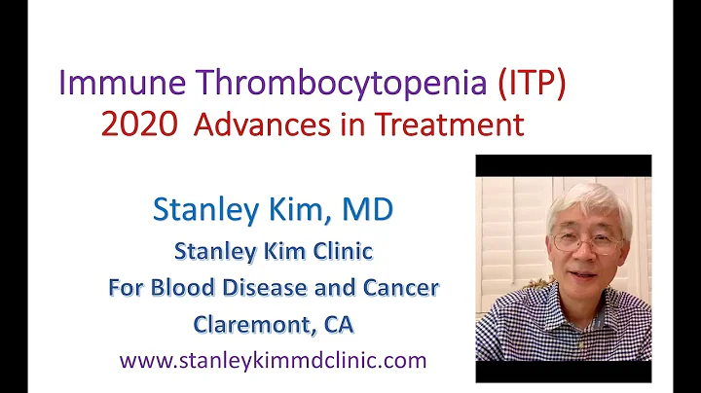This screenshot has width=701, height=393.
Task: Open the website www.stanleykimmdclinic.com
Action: coord(273,359)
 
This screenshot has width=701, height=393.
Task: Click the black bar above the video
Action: coord(563,165)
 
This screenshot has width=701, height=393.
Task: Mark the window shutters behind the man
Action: coord(506,224)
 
